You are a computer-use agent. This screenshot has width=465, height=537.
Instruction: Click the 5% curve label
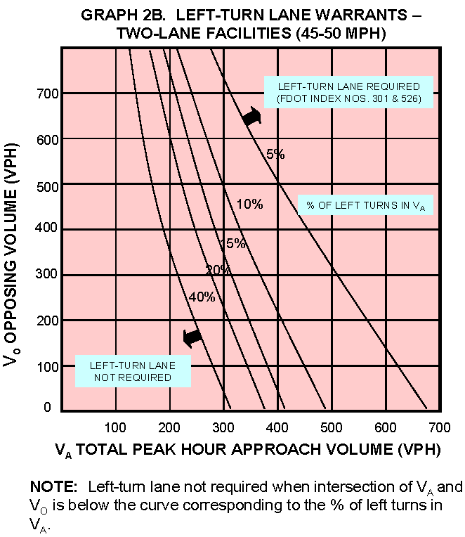point(275,155)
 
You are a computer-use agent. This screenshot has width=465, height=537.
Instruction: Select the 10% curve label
point(249,205)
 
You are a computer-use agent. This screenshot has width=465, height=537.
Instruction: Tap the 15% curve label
point(232,244)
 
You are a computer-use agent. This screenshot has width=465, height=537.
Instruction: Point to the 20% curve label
point(218,270)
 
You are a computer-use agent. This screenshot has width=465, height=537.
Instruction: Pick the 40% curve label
point(202,297)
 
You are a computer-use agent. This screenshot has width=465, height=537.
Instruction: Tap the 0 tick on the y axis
point(48,408)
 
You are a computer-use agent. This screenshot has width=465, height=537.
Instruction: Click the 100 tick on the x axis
point(115,427)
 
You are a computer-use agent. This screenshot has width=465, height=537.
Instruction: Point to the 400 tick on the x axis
point(277,427)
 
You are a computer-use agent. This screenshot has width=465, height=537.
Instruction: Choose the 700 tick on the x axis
point(440,427)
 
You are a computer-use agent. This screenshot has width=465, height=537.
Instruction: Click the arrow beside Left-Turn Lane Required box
point(251,117)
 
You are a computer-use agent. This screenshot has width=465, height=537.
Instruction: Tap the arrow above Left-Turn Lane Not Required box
point(192,338)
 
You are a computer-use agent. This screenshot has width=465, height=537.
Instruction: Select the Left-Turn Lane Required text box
point(348,92)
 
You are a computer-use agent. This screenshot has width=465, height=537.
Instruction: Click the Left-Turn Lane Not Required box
point(133,371)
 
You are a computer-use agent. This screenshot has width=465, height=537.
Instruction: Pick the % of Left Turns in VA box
point(365,205)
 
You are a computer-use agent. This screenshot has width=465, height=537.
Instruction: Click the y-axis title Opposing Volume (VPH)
point(15,253)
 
